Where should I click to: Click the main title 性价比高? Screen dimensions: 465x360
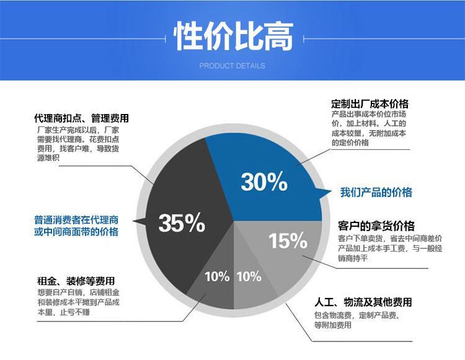(x=233, y=36)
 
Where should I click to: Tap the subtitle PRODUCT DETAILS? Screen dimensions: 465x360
(x=232, y=66)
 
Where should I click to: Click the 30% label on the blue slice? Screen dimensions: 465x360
(x=264, y=182)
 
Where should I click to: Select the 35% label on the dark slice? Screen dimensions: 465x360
(x=182, y=222)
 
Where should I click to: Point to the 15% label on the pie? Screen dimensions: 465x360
(x=288, y=240)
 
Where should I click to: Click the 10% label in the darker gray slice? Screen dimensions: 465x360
(x=217, y=277)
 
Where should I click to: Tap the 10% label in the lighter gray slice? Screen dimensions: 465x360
(x=249, y=277)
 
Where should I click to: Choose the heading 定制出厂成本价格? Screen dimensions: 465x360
(x=370, y=103)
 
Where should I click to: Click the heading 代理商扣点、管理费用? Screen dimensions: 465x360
(x=82, y=118)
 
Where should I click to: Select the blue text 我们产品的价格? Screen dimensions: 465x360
(x=376, y=192)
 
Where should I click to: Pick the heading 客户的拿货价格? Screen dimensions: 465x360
(x=376, y=226)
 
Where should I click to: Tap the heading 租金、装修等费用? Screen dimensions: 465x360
(x=76, y=281)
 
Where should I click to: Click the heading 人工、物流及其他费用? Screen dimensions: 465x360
(x=363, y=302)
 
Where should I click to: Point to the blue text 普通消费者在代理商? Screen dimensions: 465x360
(x=76, y=220)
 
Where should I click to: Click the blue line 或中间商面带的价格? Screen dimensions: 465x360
(x=76, y=231)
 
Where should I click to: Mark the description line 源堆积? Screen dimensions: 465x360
(x=48, y=158)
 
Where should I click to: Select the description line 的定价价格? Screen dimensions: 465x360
(x=350, y=143)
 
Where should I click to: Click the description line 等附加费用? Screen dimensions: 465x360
(x=333, y=325)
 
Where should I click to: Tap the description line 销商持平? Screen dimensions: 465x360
(x=353, y=258)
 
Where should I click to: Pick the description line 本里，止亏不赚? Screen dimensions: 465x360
(x=63, y=312)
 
